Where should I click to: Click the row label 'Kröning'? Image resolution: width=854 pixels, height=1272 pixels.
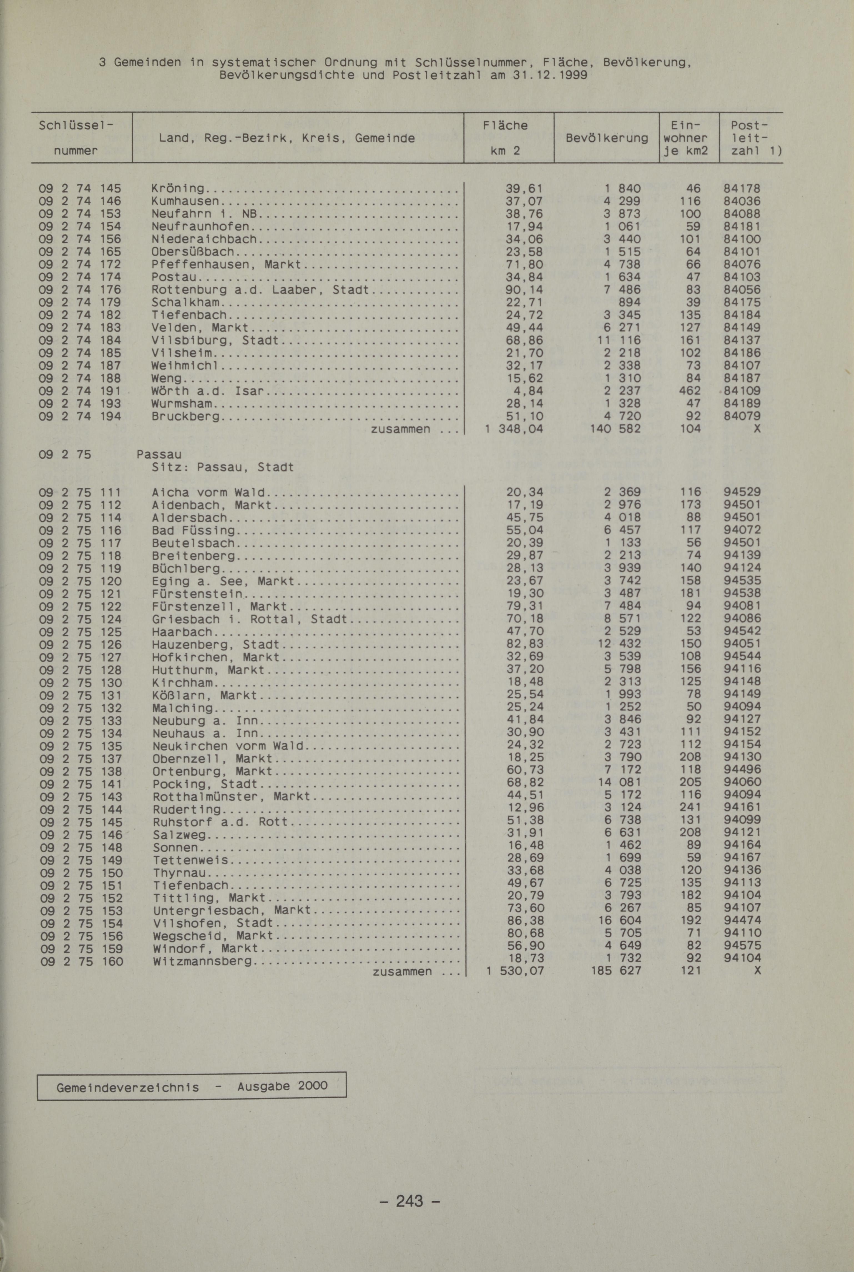tap(178, 189)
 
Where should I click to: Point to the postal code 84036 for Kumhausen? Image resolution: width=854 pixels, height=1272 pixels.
tap(742, 201)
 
